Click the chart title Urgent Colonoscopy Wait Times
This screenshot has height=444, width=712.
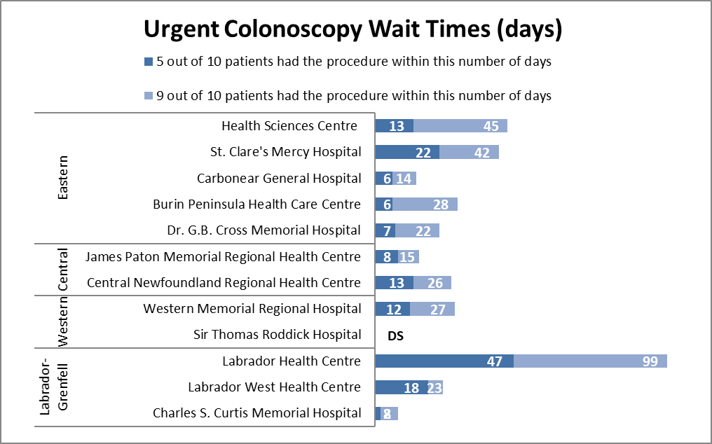pos(353,29)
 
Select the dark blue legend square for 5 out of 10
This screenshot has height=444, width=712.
pos(148,62)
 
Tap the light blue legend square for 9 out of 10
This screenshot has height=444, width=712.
pos(148,96)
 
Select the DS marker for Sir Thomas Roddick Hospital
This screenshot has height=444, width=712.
pos(395,335)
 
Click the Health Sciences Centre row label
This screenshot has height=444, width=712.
pos(289,126)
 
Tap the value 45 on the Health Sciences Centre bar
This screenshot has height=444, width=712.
pos(491,126)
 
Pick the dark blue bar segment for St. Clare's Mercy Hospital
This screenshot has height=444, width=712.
pos(407,152)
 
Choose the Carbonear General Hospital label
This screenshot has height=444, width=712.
pos(279,178)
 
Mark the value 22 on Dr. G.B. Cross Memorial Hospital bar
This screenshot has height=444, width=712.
pos(423,230)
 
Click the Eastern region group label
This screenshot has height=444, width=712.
pos(63,178)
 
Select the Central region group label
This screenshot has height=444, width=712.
pos(63,270)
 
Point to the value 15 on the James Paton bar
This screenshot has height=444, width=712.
pos(408,257)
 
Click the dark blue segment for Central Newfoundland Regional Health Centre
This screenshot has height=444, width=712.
pos(394,283)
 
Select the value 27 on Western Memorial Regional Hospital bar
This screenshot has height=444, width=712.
pos(438,309)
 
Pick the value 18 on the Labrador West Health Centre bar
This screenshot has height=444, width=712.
pos(411,387)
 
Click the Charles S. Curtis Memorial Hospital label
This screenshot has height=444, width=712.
pos(257,413)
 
